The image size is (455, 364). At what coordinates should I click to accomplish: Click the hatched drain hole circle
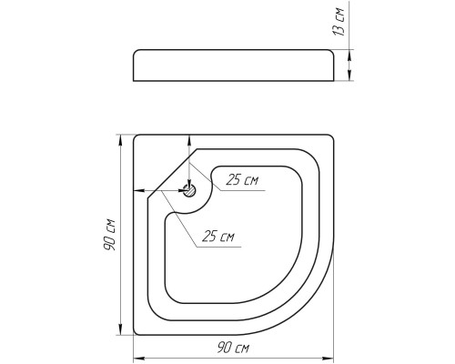coord(189,190)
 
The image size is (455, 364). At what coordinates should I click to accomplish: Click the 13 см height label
coord(339,21)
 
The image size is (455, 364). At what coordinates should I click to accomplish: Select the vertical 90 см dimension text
coord(109,234)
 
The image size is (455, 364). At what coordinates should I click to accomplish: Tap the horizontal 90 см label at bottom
coord(233,348)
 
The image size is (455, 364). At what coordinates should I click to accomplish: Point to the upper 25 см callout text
coord(242,180)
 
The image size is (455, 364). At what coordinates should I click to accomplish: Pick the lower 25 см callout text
coord(218,236)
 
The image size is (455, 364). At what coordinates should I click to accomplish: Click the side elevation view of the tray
coord(234,66)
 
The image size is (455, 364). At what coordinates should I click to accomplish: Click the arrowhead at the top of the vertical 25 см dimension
coord(189,140)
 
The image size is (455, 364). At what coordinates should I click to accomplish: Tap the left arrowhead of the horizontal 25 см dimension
coord(139,191)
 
